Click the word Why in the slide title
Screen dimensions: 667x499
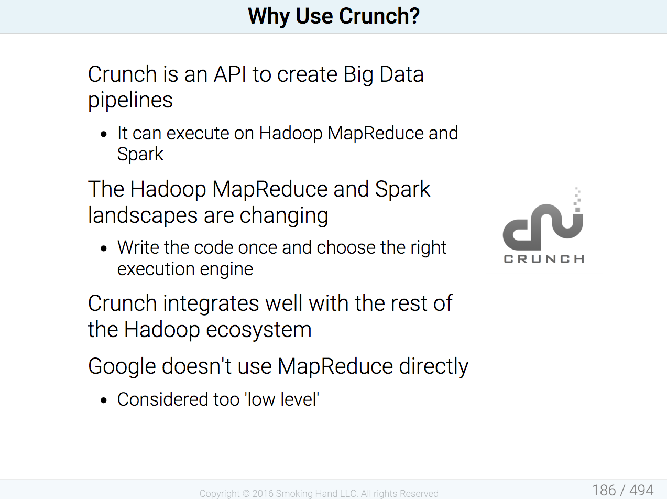pos(269,17)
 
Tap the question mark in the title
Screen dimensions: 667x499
pos(414,16)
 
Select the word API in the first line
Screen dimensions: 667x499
pos(229,74)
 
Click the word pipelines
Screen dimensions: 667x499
pos(130,101)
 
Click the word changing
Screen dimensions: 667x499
pos(284,215)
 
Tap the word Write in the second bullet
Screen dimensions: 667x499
pos(138,247)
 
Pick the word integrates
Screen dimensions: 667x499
pos(211,303)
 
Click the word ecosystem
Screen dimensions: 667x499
pos(259,330)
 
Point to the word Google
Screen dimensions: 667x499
pos(122,366)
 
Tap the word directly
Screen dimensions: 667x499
pos(434,366)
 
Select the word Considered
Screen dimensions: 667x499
pos(162,399)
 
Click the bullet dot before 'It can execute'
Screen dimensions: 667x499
pos(104,134)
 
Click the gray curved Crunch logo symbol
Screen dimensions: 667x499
pos(543,219)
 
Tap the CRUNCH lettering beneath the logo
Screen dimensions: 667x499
pos(544,259)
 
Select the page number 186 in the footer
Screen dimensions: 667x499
pos(604,490)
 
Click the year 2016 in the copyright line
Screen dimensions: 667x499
pos(263,493)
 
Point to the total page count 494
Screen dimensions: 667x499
pos(641,490)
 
